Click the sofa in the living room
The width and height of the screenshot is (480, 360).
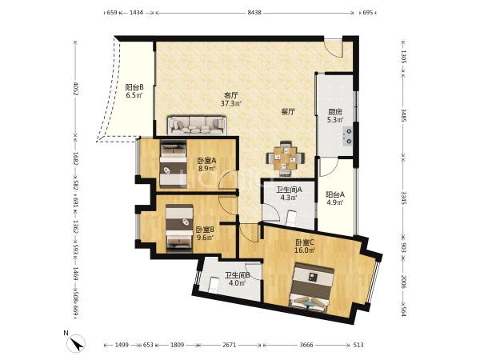pos(197,126)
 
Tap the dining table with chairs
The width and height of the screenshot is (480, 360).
pos(286,158)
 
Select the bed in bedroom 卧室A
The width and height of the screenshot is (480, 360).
pos(174,164)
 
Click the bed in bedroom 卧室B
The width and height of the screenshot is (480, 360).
pos(179,228)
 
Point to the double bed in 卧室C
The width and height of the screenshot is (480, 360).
pos(310,287)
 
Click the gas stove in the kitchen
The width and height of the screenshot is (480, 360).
pos(348,136)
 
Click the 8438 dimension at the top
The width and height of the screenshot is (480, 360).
pos(254,13)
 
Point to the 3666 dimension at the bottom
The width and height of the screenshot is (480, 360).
pos(306,345)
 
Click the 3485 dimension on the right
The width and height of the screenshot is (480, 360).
pos(404,115)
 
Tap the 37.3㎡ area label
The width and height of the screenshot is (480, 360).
pos(231,103)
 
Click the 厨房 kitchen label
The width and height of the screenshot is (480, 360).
pos(335,112)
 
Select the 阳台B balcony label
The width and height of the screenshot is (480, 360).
pos(134,87)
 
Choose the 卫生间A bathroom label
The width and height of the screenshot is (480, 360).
pos(290,190)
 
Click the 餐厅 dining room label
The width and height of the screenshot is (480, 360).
pos(288,112)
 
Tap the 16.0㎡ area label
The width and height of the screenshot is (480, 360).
pos(305,250)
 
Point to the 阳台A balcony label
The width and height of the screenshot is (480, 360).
pos(335,194)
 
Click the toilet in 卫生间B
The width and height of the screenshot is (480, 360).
pos(213,285)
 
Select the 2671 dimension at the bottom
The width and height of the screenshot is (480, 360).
pos(230,345)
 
